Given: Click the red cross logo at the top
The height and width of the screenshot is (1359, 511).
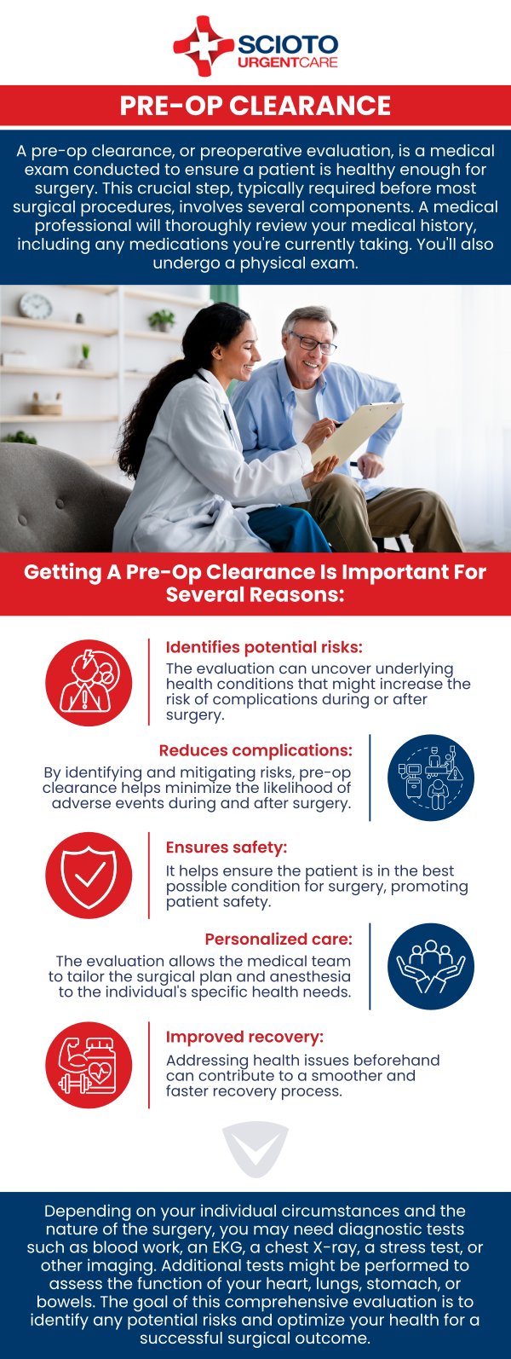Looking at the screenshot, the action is pyautogui.click(x=203, y=46).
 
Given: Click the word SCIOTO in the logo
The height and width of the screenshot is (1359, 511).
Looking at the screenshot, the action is pyautogui.click(x=287, y=44).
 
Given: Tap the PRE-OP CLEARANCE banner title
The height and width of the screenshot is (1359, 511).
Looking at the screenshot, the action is pyautogui.click(x=255, y=106).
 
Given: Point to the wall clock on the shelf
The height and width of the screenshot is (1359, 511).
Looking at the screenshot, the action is pyautogui.click(x=35, y=306).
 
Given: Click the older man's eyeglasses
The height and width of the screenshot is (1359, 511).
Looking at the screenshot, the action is pyautogui.click(x=313, y=342).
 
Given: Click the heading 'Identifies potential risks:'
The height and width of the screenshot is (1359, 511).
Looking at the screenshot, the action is pyautogui.click(x=264, y=647).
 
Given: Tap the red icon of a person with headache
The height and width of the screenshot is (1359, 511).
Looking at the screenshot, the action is pyautogui.click(x=89, y=683).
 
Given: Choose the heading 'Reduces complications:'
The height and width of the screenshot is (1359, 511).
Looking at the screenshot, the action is pyautogui.click(x=255, y=750).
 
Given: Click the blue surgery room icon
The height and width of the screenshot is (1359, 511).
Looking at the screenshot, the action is pyautogui.click(x=430, y=778).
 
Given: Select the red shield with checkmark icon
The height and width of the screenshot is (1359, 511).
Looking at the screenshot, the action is pyautogui.click(x=89, y=876).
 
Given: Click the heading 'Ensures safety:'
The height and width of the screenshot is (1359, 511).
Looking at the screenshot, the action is pyautogui.click(x=226, y=847).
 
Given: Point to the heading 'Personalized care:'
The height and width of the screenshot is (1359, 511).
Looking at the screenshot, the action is pyautogui.click(x=278, y=940).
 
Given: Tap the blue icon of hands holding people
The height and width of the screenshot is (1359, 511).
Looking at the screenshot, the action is pyautogui.click(x=430, y=967).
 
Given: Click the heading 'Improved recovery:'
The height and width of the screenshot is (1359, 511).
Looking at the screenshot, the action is pyautogui.click(x=244, y=1037).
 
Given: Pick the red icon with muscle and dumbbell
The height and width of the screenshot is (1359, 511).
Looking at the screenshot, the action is pyautogui.click(x=89, y=1066).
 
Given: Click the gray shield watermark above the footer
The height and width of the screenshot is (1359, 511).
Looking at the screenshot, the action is pyautogui.click(x=255, y=1149).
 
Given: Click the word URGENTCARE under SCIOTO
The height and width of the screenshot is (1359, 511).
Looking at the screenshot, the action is pyautogui.click(x=287, y=62).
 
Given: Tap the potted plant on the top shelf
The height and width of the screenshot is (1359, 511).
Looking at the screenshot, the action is pyautogui.click(x=162, y=320).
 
